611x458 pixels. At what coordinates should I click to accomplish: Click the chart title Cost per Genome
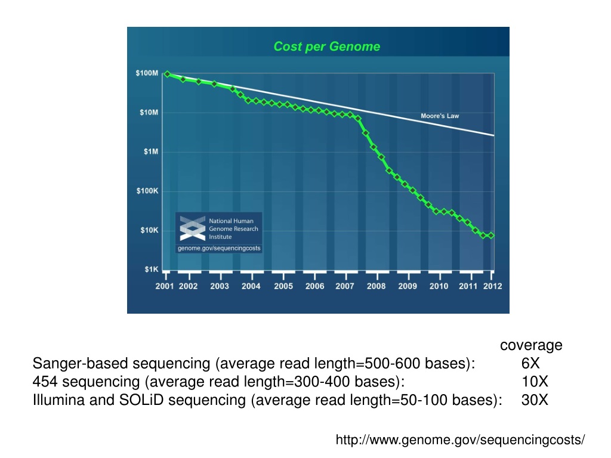point(326,47)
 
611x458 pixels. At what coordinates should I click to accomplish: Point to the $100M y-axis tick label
point(147,73)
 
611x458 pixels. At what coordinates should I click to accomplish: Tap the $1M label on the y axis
point(150,151)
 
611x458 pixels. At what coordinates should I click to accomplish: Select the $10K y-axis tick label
point(149,230)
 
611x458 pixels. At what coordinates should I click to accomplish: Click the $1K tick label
point(151,270)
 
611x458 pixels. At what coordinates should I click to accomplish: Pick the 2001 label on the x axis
point(165,286)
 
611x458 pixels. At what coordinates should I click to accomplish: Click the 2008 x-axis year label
point(376,286)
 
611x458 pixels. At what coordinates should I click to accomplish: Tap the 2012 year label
point(492,286)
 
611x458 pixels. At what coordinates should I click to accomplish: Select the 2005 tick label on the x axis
point(283,286)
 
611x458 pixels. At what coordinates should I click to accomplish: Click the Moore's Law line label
point(440,116)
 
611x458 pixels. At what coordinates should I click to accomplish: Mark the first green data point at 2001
point(167,74)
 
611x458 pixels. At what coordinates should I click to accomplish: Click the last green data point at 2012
point(491,236)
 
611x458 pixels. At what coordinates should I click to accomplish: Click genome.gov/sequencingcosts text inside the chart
point(219,248)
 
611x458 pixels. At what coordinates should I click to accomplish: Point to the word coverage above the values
point(531,345)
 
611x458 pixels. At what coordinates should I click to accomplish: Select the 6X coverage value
point(530,363)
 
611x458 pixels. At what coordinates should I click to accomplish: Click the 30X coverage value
point(534,400)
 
